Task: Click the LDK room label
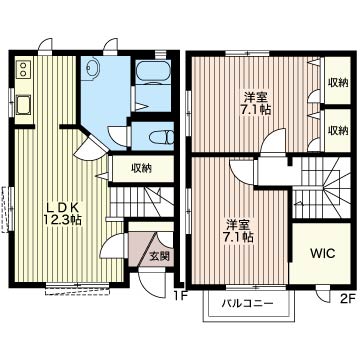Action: pos(62,208)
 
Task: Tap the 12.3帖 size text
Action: pos(62,220)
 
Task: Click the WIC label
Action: pos(322,254)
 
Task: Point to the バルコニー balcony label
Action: pos(248,303)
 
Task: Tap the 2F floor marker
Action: pos(348,298)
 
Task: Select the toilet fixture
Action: pos(161,137)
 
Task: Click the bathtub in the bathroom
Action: pos(153,71)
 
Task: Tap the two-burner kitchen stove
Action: pos(23,69)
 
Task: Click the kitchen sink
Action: pos(23,105)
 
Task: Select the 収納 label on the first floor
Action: pos(141,168)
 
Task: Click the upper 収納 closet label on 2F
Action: pos(337,82)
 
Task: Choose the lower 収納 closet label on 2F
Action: pos(337,130)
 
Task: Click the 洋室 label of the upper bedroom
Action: pos(256,97)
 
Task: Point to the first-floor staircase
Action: pos(141,202)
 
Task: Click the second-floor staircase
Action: pos(321,188)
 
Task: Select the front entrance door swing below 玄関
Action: pos(151,283)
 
